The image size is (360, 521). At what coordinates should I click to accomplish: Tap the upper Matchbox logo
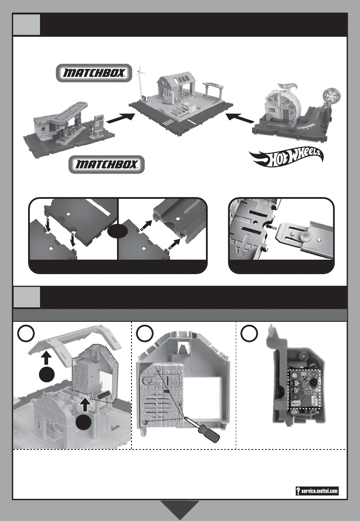click(95, 73)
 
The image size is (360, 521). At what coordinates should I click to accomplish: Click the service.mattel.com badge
click(317, 491)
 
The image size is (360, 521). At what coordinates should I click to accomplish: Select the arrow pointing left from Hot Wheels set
click(237, 117)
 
